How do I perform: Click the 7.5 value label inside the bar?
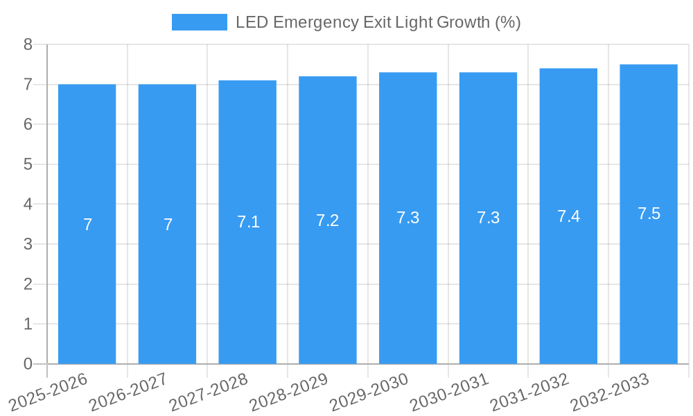tap(649, 214)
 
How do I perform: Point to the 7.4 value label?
tap(568, 216)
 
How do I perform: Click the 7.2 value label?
tap(327, 220)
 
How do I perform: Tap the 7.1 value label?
tap(248, 222)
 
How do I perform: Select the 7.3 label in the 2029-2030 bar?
tap(407, 218)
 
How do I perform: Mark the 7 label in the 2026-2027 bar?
tap(168, 225)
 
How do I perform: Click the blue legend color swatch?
tap(199, 22)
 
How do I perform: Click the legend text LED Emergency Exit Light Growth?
tap(378, 22)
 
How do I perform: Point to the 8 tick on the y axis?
tap(28, 44)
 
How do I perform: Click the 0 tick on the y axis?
tap(28, 364)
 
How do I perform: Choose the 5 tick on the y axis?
tap(28, 164)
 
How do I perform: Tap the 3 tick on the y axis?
tap(28, 244)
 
